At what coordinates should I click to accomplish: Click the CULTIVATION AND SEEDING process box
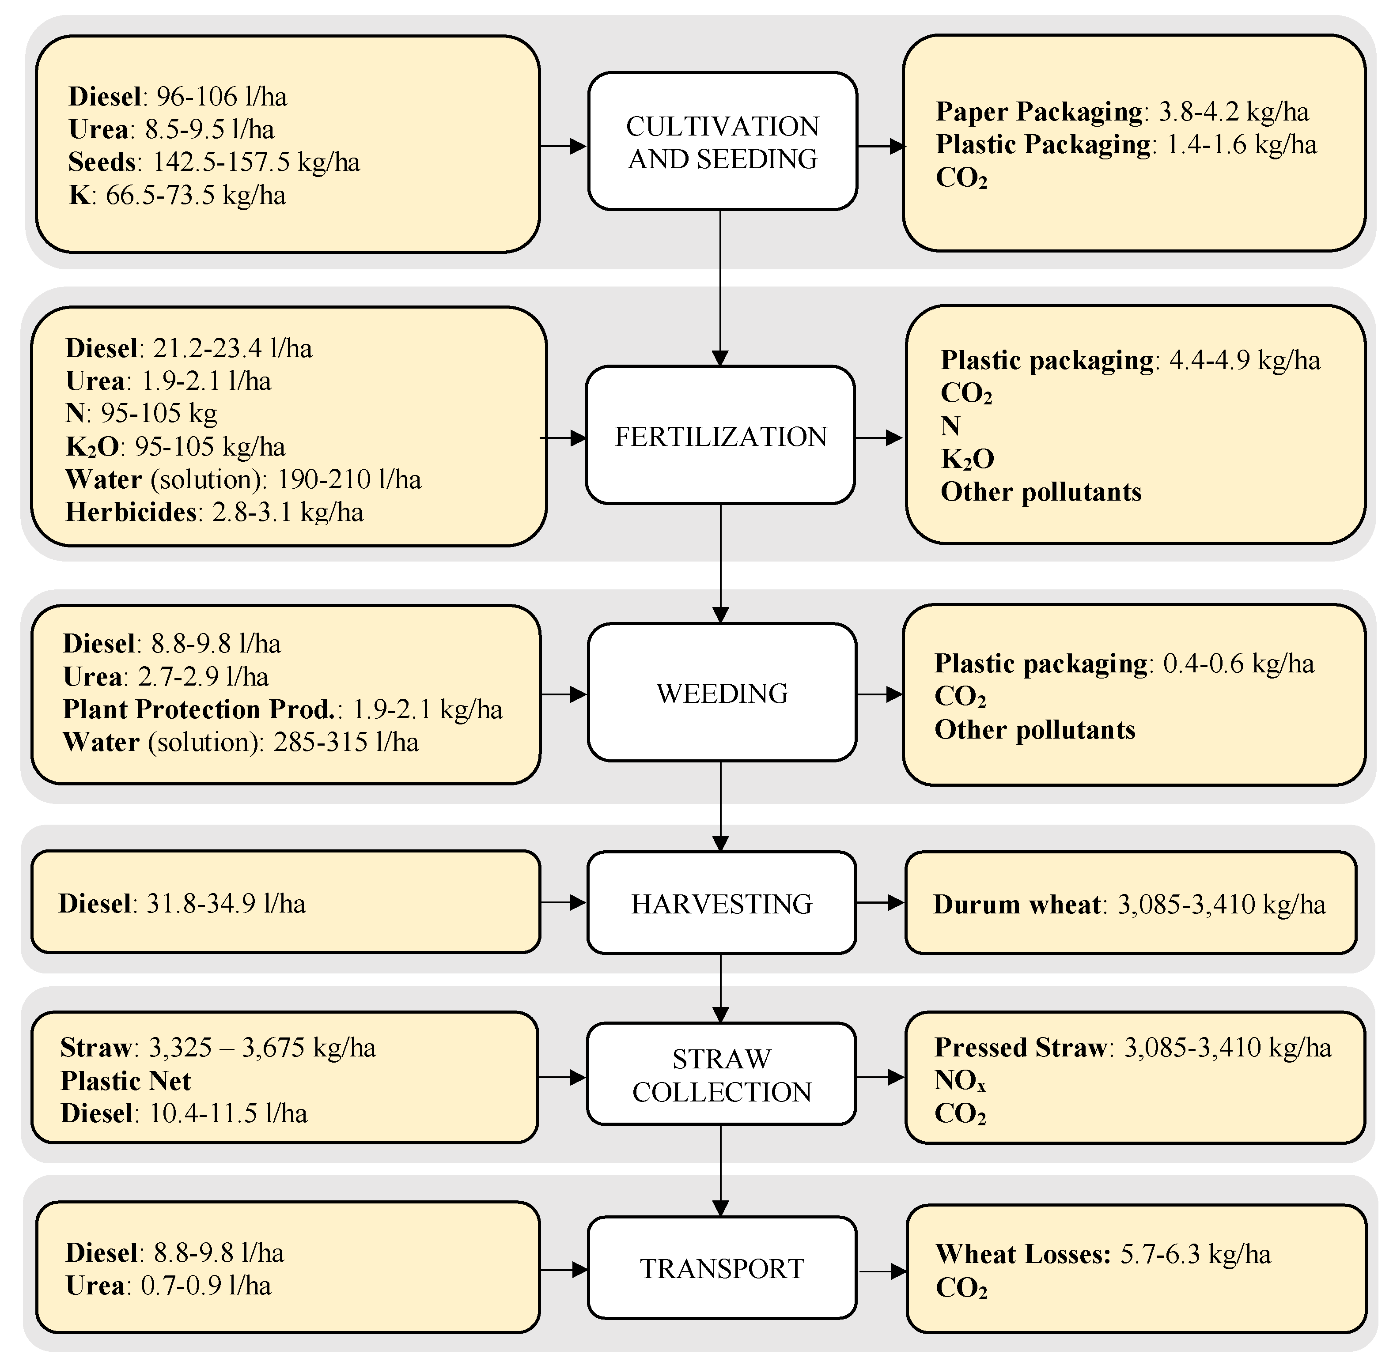[x=722, y=142]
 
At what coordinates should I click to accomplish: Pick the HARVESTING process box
[x=721, y=904]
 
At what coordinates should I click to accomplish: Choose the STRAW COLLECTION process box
[x=721, y=1075]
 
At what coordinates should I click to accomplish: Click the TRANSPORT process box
[x=722, y=1268]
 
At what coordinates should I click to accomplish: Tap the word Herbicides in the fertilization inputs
[x=130, y=512]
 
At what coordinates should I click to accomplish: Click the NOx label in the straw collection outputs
[x=959, y=1080]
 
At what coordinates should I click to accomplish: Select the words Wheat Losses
[x=1022, y=1254]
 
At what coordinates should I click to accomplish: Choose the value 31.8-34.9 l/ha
[x=226, y=904]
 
